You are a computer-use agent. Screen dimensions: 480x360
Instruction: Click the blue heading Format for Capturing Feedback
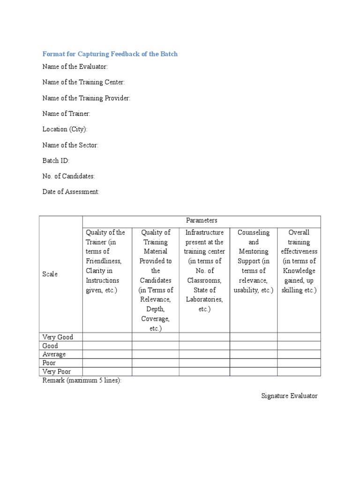(x=110, y=54)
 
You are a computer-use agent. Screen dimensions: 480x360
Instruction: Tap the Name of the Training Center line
(x=83, y=82)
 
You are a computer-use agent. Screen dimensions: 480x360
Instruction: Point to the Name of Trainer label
(x=66, y=113)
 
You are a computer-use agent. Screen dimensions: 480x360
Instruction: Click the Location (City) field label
(x=65, y=129)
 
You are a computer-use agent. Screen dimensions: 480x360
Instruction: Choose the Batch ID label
(x=56, y=160)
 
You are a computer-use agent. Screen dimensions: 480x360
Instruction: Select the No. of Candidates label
(x=68, y=176)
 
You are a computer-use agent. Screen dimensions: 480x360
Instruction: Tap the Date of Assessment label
(x=71, y=192)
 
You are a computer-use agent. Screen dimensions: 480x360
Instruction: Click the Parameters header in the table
(x=202, y=220)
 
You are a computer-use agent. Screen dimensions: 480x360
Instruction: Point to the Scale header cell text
(x=50, y=274)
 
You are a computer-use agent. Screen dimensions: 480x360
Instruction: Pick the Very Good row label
(x=58, y=337)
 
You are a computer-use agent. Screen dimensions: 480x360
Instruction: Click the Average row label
(x=54, y=354)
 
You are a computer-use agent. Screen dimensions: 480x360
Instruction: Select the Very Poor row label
(x=56, y=372)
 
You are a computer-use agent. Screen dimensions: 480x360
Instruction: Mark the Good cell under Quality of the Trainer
(x=107, y=346)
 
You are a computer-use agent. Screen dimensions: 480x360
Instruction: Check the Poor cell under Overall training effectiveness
(x=299, y=363)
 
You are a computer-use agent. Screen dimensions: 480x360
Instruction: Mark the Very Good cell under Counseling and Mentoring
(x=253, y=337)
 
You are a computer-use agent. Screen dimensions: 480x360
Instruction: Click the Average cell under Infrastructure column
(x=204, y=354)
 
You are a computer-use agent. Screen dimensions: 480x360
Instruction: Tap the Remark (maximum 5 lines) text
(x=82, y=381)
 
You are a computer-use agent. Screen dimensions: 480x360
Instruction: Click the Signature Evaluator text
(x=289, y=396)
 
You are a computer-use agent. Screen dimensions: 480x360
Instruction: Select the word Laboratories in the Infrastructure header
(x=204, y=300)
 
